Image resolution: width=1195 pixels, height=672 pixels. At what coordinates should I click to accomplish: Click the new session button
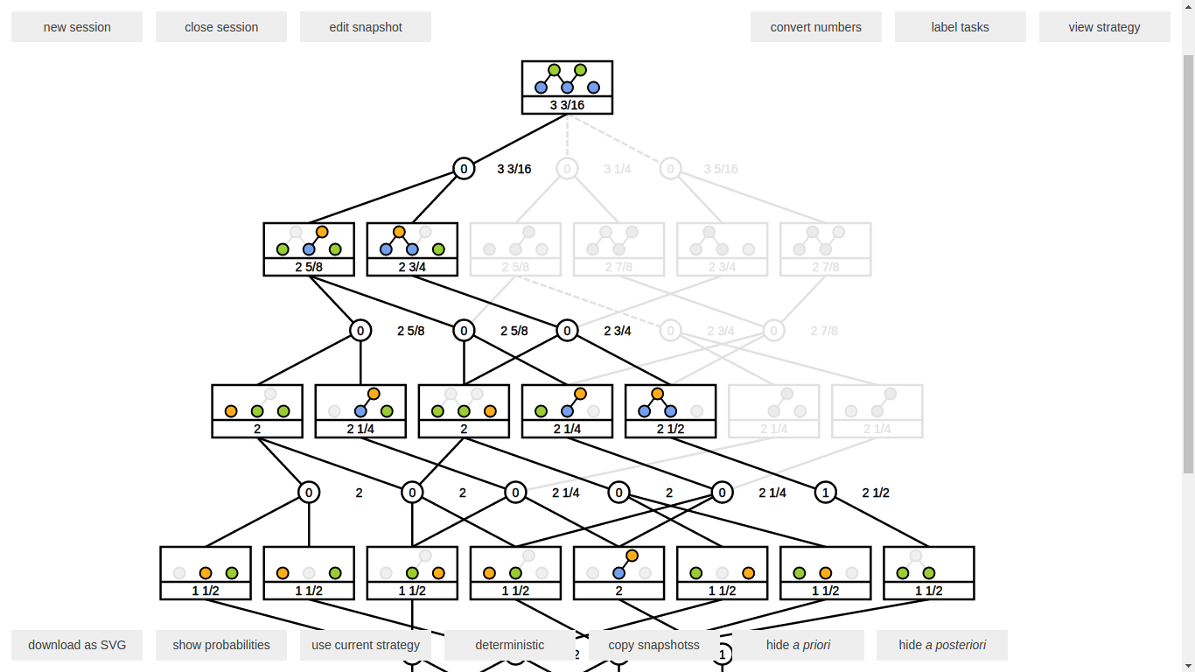(x=77, y=27)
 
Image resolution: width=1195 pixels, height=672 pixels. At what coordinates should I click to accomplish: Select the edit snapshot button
(x=366, y=27)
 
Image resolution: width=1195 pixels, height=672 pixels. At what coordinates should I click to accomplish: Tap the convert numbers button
(x=815, y=27)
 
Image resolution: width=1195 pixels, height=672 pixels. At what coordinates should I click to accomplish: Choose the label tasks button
(x=960, y=27)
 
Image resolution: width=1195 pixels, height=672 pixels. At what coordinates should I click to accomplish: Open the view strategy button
(x=1104, y=27)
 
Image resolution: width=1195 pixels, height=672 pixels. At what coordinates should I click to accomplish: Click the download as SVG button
(x=77, y=645)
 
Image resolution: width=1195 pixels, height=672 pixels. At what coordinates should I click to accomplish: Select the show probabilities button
(x=221, y=645)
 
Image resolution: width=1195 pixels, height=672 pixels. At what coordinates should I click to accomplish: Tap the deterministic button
(x=510, y=645)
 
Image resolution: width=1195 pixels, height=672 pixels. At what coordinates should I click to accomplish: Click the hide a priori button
(x=798, y=645)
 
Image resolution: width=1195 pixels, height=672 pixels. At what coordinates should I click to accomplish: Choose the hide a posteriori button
(x=942, y=645)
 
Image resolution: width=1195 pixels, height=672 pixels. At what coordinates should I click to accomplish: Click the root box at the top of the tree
(x=567, y=87)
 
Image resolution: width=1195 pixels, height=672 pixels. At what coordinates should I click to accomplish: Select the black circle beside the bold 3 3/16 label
(x=464, y=169)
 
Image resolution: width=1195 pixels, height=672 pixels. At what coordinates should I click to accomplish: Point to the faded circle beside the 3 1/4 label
(x=567, y=169)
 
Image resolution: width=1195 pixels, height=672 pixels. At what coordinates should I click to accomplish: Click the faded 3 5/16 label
(x=721, y=169)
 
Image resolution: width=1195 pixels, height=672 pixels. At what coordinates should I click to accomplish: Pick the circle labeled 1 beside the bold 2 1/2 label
(x=825, y=493)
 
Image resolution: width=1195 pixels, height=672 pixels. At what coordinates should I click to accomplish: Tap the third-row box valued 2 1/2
(x=670, y=411)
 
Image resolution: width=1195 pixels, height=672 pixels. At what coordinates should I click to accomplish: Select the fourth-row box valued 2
(x=618, y=573)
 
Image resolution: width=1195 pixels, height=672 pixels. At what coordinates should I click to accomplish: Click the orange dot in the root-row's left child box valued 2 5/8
(x=322, y=232)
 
